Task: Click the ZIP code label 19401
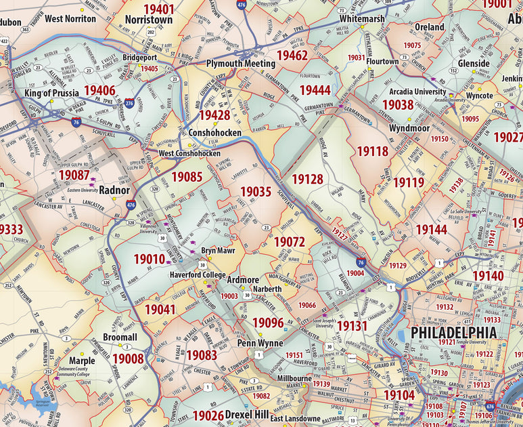coord(150,9)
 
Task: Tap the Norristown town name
coord(148,20)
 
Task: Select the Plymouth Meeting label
coord(240,63)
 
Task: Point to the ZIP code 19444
coord(315,89)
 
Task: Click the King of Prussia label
coord(51,92)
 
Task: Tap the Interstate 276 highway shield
coord(129,102)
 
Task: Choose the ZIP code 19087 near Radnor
coord(74,175)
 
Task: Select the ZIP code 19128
coord(307,179)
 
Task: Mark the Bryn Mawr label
coord(217,249)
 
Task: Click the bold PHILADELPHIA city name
coord(453,333)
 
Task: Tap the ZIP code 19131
coord(351,326)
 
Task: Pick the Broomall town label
coord(120,337)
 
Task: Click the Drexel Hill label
coord(248,413)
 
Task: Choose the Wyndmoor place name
coord(409,128)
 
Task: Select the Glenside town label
coord(474,64)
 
